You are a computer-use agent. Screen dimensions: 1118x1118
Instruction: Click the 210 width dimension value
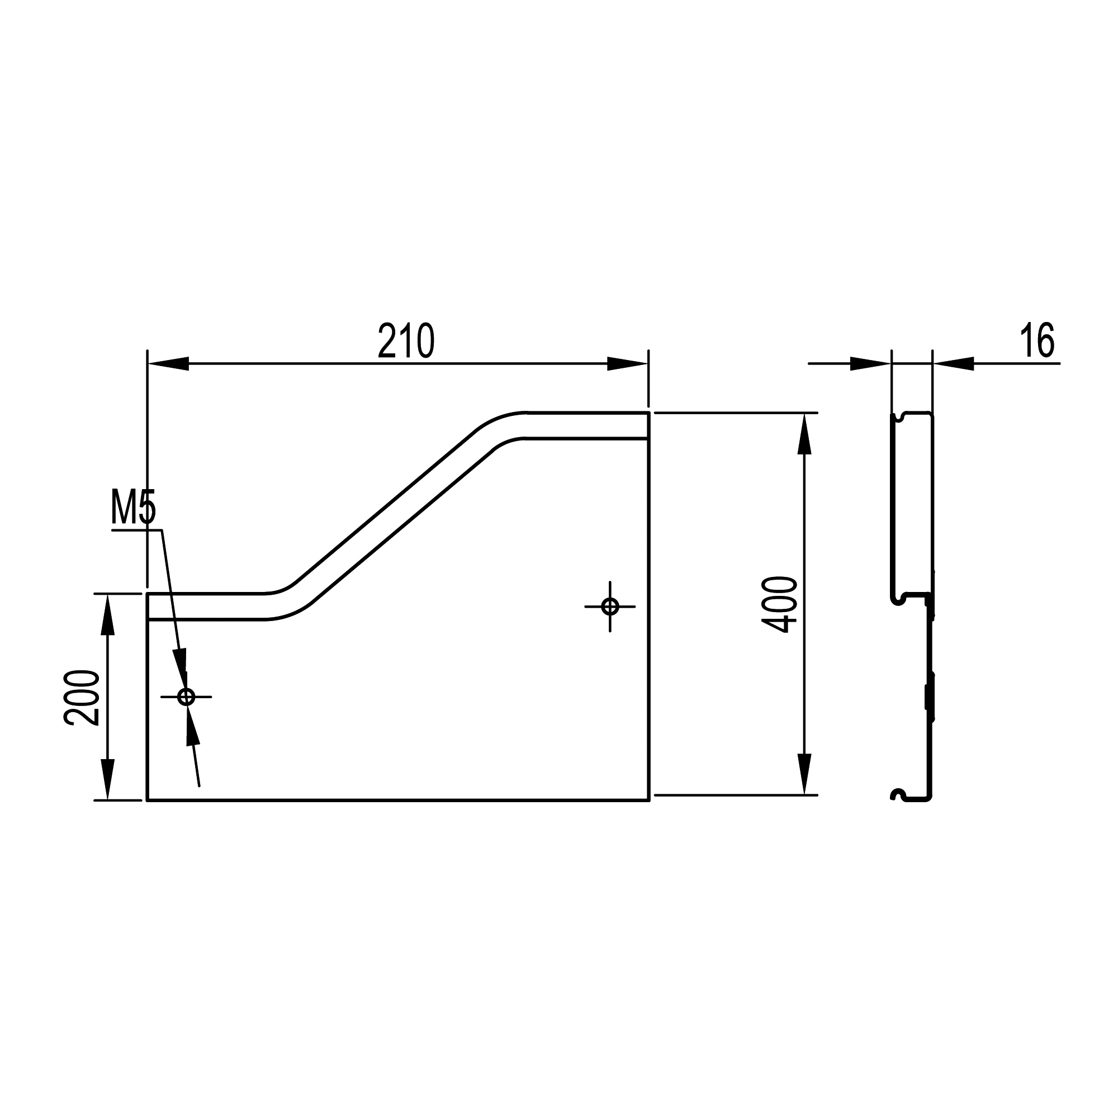[406, 342]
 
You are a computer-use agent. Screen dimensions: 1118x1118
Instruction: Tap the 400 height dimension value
[779, 604]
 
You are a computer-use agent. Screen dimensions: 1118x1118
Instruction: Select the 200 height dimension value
[82, 697]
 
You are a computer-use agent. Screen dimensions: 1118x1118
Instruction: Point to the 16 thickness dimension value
[1037, 342]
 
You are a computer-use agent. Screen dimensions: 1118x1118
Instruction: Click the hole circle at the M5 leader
[186, 697]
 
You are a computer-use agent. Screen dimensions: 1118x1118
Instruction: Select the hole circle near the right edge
[610, 607]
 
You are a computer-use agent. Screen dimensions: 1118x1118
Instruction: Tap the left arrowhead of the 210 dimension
[168, 364]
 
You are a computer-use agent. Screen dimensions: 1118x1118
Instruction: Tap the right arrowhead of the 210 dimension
[627, 364]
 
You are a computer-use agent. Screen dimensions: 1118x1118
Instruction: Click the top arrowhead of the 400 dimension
[803, 433]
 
